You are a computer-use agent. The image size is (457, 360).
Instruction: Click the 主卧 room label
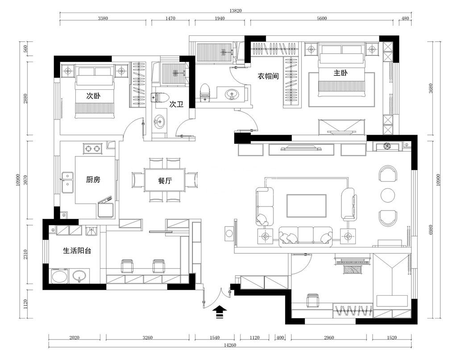(x=341, y=73)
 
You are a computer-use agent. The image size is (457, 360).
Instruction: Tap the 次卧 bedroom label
(x=93, y=96)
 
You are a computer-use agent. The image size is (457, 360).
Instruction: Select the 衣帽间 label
(x=268, y=76)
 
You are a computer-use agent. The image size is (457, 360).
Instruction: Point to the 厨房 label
(x=93, y=180)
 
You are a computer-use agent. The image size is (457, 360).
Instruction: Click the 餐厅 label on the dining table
(x=165, y=181)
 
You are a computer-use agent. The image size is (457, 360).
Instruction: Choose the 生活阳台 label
(x=77, y=251)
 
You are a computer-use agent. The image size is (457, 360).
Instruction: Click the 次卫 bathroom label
(x=177, y=104)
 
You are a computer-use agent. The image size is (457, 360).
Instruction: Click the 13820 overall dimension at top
(x=235, y=11)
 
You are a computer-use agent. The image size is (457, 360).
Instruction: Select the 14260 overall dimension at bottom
(x=230, y=345)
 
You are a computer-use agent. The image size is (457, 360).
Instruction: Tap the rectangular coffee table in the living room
(x=306, y=206)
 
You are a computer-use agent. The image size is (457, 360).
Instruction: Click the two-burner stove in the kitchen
(x=93, y=149)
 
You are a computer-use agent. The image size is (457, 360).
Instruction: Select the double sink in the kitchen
(x=67, y=182)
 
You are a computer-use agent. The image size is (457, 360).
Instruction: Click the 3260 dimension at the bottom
(x=147, y=338)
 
